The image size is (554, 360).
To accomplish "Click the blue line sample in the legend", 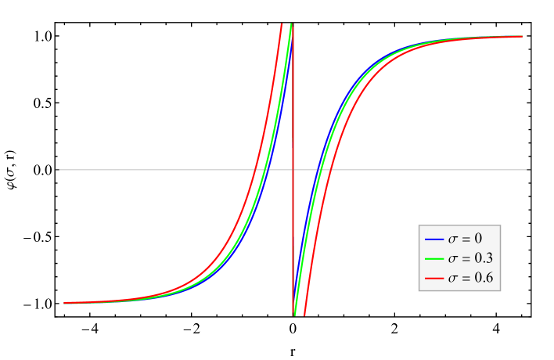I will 434,239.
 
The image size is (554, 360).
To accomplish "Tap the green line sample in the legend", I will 434,258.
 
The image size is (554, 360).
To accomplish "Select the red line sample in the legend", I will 434,278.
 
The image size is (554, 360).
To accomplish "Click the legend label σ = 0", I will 464,239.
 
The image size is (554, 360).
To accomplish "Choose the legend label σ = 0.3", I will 469,258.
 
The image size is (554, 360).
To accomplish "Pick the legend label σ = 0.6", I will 469,278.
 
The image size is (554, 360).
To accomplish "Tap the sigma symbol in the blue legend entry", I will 452,239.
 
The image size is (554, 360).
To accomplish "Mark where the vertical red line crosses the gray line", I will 293,169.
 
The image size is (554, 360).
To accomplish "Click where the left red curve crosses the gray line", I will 256,169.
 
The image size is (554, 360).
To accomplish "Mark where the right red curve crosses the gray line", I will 329,169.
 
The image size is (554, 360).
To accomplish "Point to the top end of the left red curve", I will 282,24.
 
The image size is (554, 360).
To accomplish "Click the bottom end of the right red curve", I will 304,315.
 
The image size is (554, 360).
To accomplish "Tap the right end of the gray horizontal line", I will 530,169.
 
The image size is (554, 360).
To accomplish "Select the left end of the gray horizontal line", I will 58,169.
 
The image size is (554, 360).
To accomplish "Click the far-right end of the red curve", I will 522,36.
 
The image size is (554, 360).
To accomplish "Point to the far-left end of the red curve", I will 64,303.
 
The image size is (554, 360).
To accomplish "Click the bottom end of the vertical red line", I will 293,315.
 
